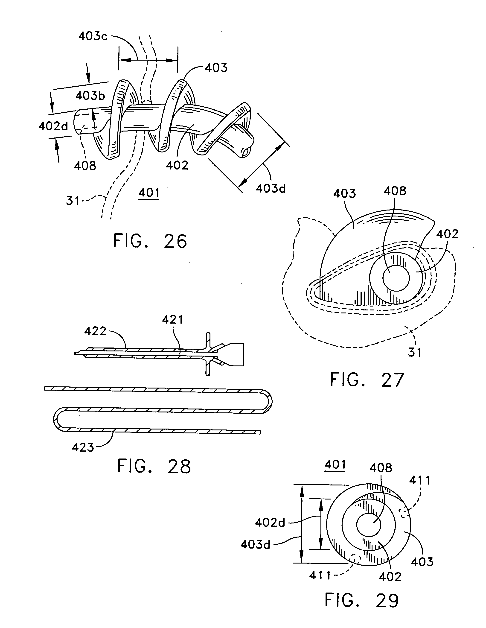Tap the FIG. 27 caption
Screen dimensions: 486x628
pyautogui.click(x=367, y=380)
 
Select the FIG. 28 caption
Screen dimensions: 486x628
pyautogui.click(x=154, y=466)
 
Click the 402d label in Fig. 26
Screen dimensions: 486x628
pyautogui.click(x=53, y=126)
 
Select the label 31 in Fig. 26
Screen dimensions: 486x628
pyautogui.click(x=73, y=200)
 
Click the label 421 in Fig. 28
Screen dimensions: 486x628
pyautogui.click(x=172, y=319)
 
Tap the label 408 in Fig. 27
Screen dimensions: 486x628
pyautogui.click(x=395, y=191)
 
